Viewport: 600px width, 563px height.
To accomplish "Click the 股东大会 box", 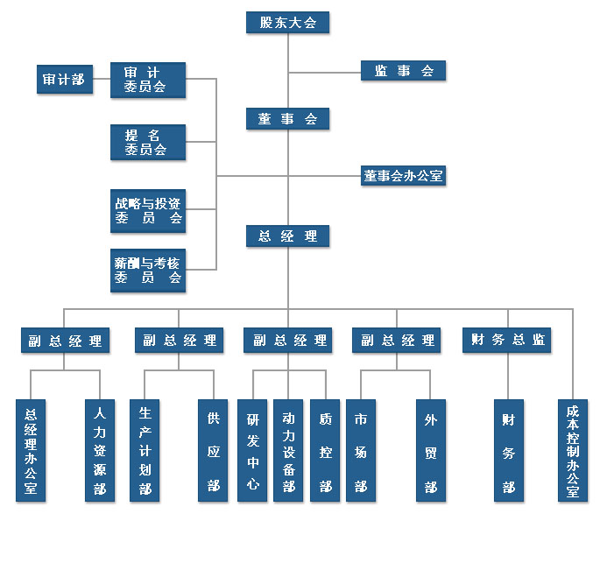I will [287, 23].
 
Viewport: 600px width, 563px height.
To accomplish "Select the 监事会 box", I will [404, 71].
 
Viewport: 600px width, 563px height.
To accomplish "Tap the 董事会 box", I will [287, 119].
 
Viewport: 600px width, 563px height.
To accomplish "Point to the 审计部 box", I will [64, 79].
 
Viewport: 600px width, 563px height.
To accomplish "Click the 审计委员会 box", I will [148, 79].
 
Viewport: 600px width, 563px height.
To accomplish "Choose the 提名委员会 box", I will [148, 142].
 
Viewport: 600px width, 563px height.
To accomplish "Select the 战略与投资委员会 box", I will [148, 210].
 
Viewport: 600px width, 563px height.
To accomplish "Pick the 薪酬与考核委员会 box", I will [148, 270].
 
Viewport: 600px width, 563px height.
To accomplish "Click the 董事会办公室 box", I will [404, 176].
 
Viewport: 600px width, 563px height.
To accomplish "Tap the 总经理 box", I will [287, 236].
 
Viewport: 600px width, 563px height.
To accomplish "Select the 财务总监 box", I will [506, 341].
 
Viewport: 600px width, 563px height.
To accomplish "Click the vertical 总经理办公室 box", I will [31, 450].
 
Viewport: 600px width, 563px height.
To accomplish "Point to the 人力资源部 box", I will [99, 450].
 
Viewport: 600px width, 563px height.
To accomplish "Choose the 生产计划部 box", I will [145, 450].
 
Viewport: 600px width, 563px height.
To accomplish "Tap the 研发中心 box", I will [252, 450].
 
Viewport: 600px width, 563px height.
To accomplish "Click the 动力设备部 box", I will [289, 450].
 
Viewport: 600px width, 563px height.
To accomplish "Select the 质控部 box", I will [325, 450].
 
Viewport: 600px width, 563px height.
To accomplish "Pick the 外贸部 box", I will [431, 450].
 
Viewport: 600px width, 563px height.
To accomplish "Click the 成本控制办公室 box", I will [573, 450].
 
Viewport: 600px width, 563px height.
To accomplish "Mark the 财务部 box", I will [508, 450].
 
